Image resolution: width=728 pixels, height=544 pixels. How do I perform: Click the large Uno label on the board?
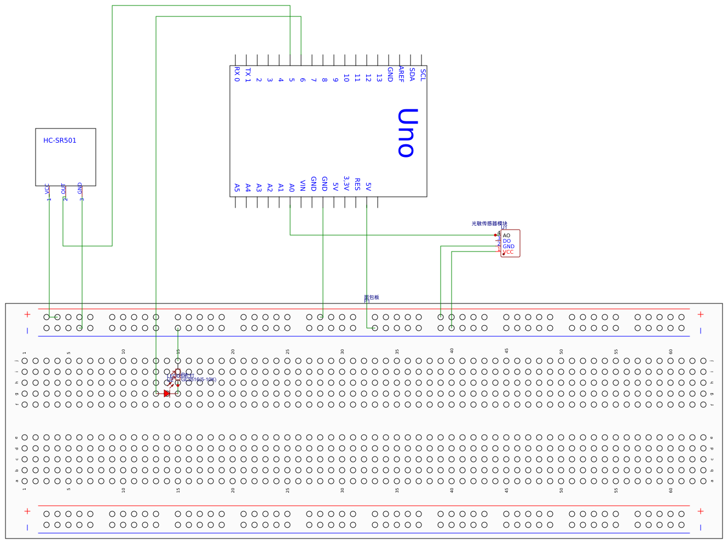coord(407,133)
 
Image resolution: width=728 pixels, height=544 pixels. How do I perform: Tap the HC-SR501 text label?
coord(60,141)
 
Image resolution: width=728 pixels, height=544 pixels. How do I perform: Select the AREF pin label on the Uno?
coord(401,74)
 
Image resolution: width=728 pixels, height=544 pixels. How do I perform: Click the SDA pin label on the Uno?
coord(412,75)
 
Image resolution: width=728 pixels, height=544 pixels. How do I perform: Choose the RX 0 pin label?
coord(237,74)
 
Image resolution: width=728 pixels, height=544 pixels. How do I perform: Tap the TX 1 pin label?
coord(248,75)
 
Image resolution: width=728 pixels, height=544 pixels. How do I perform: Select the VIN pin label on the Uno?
coord(303,185)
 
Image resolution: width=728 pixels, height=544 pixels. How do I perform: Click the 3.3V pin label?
coord(346,183)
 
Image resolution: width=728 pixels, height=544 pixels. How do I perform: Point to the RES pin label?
coord(357,184)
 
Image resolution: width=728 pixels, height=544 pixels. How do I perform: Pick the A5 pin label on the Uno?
coord(237,188)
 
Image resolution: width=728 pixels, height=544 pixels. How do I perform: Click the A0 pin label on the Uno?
coord(292,188)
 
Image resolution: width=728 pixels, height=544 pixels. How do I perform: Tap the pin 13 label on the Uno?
coord(379,78)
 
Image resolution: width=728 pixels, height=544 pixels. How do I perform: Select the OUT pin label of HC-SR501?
coord(63,189)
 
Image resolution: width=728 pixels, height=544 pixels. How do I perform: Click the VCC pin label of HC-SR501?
coord(47,189)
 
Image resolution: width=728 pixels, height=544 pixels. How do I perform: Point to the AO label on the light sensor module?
coord(506,236)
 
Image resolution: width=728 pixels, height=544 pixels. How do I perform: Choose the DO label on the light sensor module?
coord(506,241)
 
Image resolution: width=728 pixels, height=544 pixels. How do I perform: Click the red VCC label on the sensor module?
coord(508,252)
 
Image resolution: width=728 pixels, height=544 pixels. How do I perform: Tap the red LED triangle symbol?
coord(167,393)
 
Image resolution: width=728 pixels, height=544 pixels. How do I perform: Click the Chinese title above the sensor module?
coord(489,224)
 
